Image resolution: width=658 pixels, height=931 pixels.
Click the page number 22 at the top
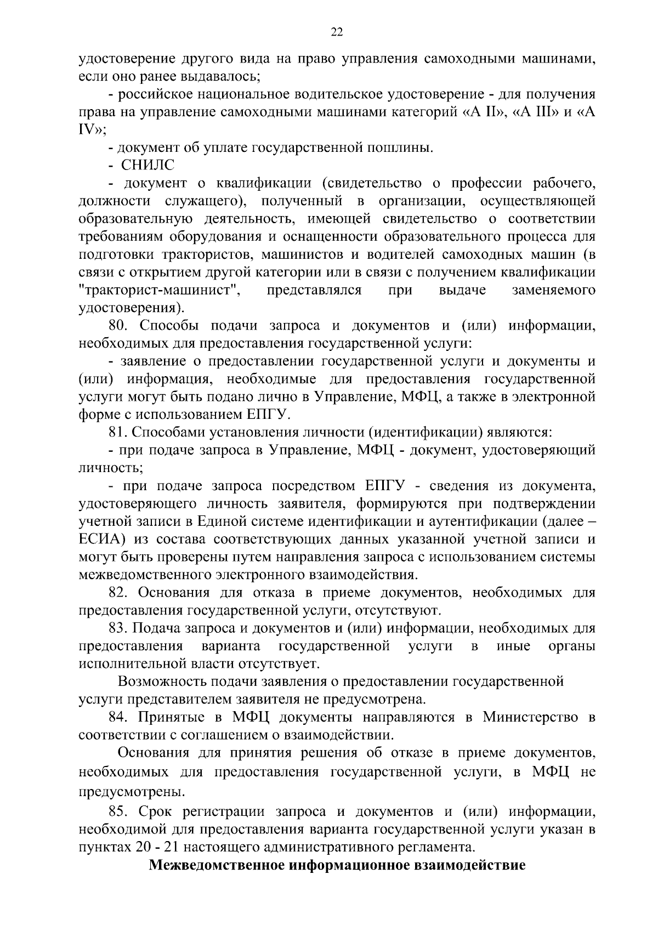(337, 33)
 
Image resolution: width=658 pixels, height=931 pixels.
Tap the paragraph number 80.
(118, 326)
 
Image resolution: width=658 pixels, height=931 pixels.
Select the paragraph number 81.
(117, 433)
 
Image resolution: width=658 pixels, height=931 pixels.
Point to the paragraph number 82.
(118, 593)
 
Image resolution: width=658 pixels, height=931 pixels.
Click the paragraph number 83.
(118, 629)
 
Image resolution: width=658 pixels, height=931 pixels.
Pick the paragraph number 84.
(118, 718)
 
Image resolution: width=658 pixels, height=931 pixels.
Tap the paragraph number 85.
(118, 811)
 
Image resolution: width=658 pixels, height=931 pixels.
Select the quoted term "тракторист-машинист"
(160, 290)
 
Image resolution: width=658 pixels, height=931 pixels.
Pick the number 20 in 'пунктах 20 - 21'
(141, 847)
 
